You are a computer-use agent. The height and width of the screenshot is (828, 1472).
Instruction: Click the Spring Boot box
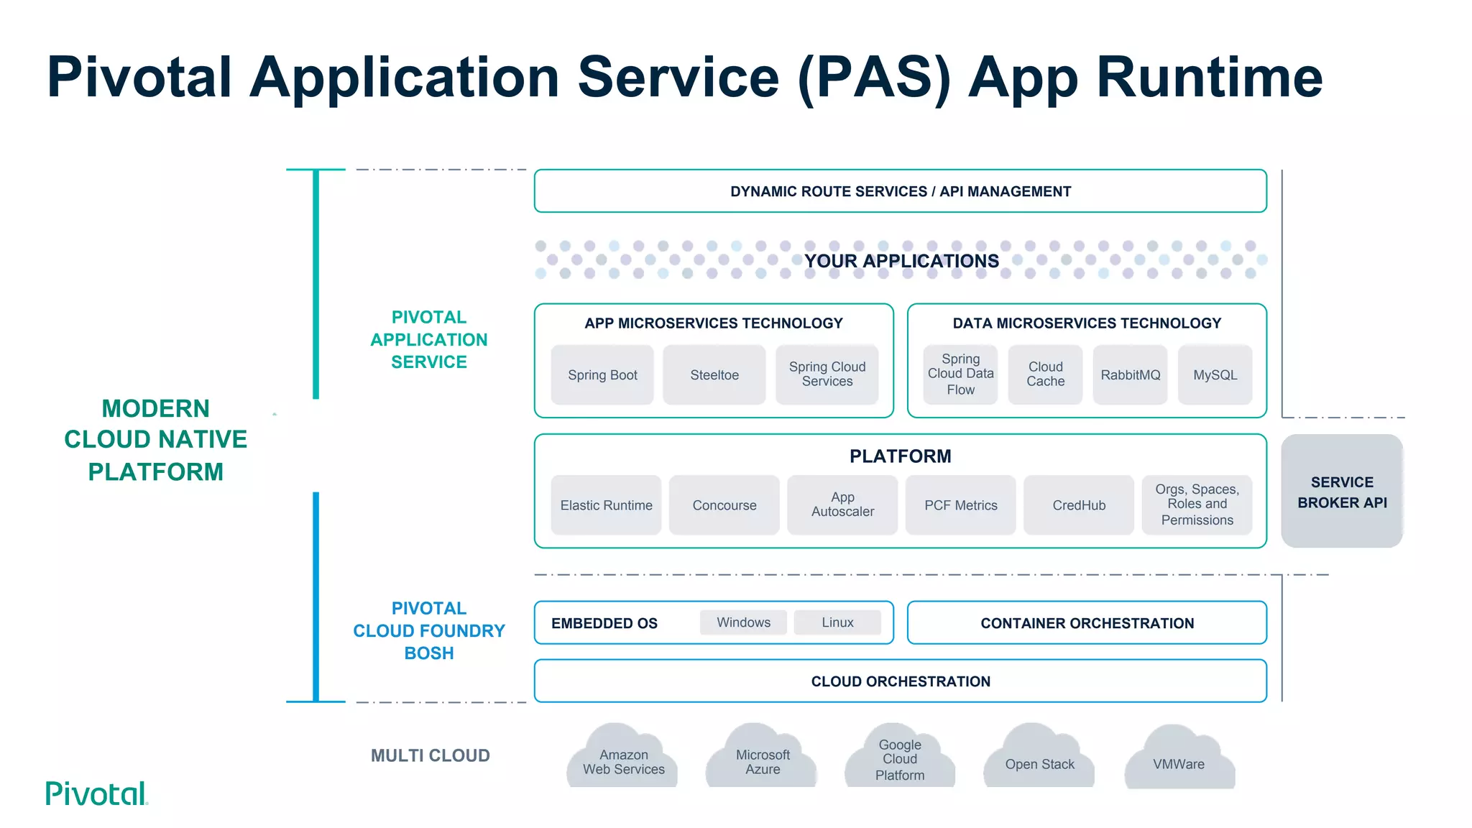[x=602, y=374]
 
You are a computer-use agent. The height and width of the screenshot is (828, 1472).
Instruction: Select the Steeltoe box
[x=714, y=374]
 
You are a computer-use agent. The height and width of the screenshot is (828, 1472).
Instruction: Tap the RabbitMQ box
[x=1130, y=374]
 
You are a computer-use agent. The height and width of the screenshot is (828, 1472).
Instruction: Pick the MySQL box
[x=1215, y=374]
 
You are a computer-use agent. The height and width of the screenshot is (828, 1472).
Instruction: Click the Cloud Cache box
[x=1045, y=374]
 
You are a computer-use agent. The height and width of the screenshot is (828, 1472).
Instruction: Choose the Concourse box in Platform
[x=724, y=505]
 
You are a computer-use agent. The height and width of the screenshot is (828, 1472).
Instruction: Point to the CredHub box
[x=1079, y=505]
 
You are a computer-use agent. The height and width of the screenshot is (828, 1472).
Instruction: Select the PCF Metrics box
[x=960, y=505]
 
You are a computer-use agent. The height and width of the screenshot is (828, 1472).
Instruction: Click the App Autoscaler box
[x=842, y=505]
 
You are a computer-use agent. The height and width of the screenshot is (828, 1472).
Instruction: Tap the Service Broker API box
[x=1342, y=492]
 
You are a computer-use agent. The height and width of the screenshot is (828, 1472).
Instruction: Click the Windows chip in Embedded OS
[x=743, y=622]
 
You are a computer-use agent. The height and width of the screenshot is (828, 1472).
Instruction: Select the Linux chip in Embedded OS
[x=837, y=622]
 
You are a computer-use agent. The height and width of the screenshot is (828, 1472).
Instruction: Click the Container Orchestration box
[x=1087, y=623]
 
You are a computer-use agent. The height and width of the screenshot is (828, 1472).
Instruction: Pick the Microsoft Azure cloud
[x=762, y=760]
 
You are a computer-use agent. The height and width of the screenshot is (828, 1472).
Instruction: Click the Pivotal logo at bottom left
[x=96, y=793]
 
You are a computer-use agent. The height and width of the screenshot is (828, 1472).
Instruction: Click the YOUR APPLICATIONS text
[x=901, y=261]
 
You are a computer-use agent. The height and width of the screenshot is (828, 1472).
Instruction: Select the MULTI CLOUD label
[x=430, y=755]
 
